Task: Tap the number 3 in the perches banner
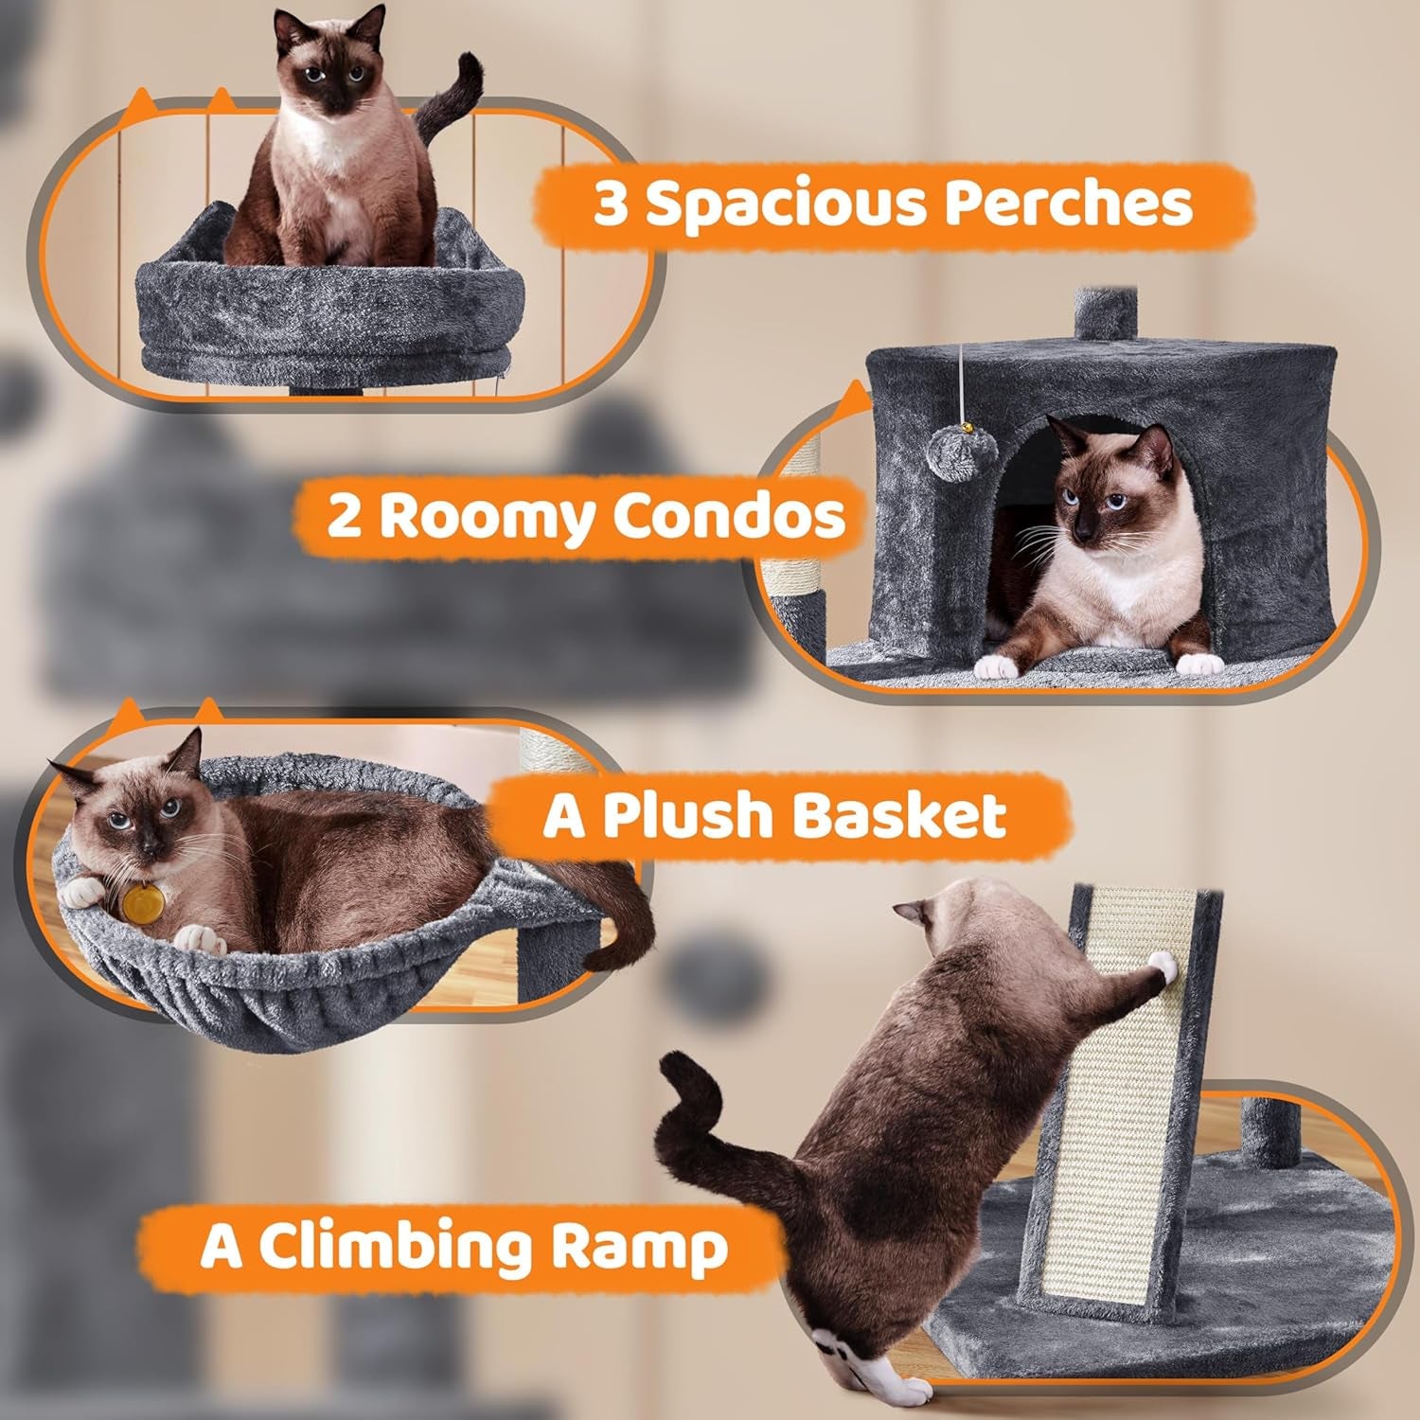(612, 204)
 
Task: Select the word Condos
(728, 516)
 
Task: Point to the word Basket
(898, 815)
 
